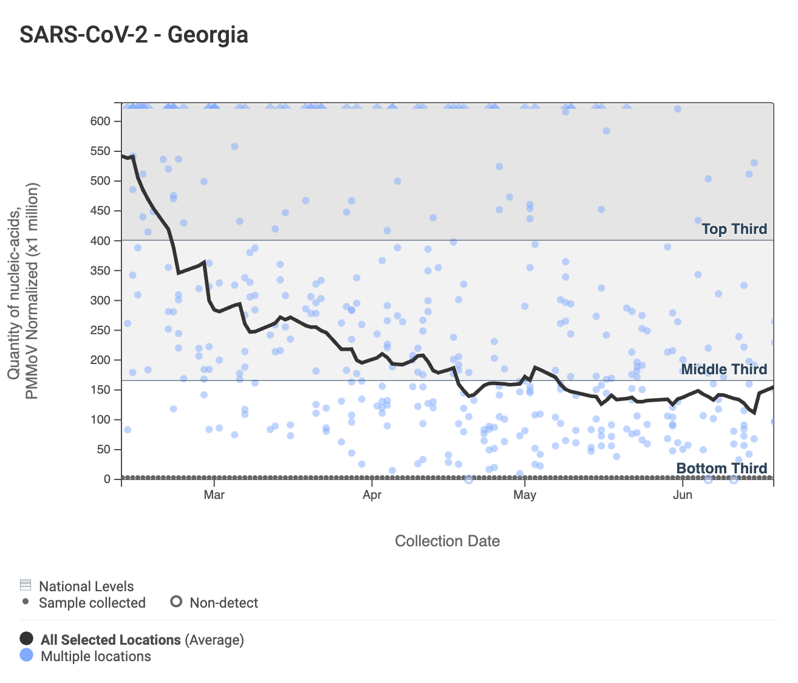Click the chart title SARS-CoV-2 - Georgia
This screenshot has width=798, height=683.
coord(134,35)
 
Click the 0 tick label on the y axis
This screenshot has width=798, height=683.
coord(107,479)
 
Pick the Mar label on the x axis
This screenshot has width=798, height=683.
coord(214,495)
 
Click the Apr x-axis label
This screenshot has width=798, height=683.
coord(372,495)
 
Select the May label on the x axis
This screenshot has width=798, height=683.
coord(525,495)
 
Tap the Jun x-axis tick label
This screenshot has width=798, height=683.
coord(683,495)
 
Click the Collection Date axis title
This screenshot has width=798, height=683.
coord(448,541)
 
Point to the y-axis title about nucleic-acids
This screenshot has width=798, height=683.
coord(22,291)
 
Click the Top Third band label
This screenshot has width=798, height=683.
coord(734,229)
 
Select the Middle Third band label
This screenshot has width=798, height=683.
coord(724,369)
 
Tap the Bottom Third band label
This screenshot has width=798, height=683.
coord(721,468)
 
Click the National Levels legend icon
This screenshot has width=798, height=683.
coord(26,585)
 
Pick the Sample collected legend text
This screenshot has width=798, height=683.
coord(92,603)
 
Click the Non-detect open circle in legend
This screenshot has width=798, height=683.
coord(176,602)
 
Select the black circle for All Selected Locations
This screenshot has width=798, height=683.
coord(26,639)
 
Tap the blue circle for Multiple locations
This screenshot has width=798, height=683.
coord(26,655)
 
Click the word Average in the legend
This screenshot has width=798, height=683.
coord(214,640)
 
